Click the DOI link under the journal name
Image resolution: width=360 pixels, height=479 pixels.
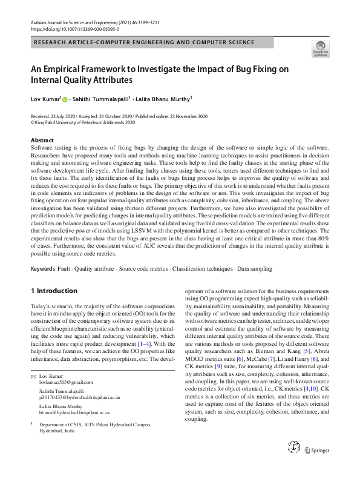pos(75,28)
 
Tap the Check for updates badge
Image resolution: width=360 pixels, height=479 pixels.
pos(319,49)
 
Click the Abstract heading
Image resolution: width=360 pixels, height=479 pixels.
pos(42,140)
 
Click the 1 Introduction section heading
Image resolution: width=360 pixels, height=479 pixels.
pos(54,291)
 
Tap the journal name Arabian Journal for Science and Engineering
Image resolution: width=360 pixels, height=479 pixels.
pos(79,22)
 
